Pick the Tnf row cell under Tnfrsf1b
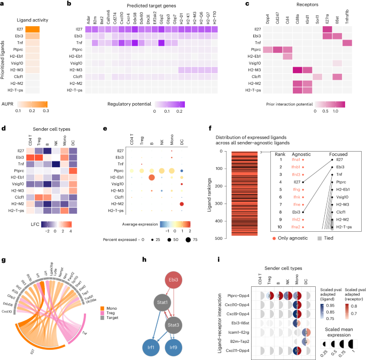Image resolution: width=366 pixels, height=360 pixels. click(x=348, y=43)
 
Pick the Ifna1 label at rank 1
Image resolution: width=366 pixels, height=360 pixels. click(x=294, y=159)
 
